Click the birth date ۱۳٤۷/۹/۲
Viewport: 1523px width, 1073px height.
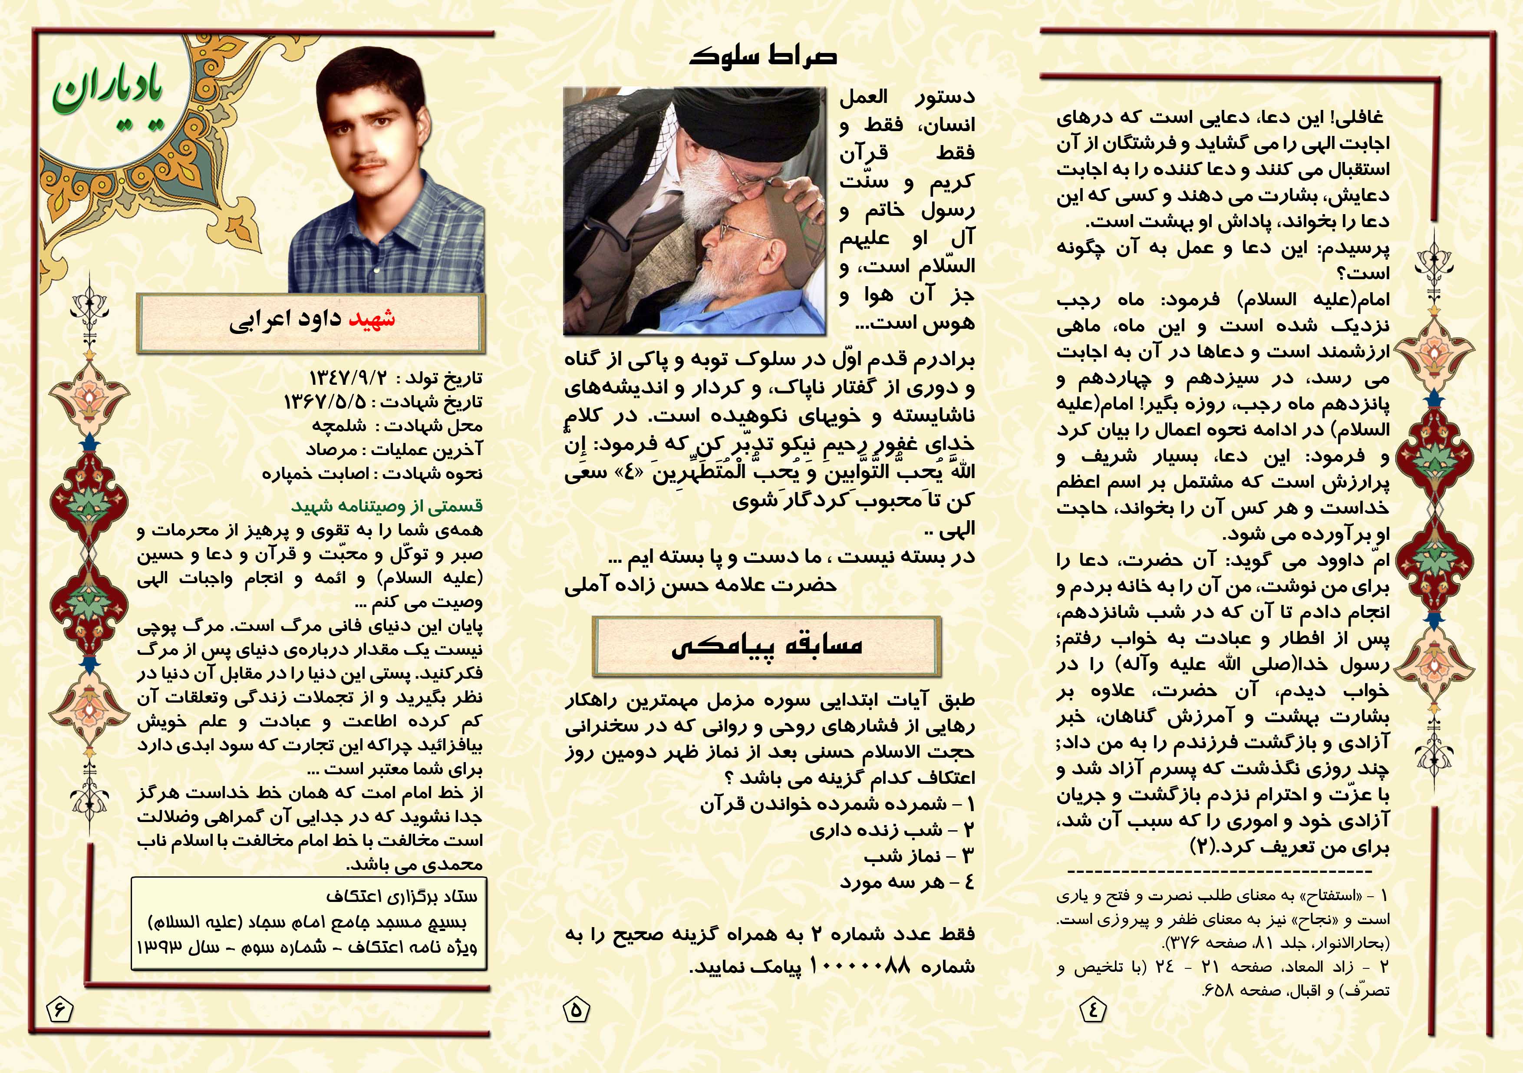point(348,378)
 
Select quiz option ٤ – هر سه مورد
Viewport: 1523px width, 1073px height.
point(907,882)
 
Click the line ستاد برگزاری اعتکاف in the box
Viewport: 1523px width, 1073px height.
point(401,897)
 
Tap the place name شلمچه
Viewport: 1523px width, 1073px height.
point(339,426)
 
